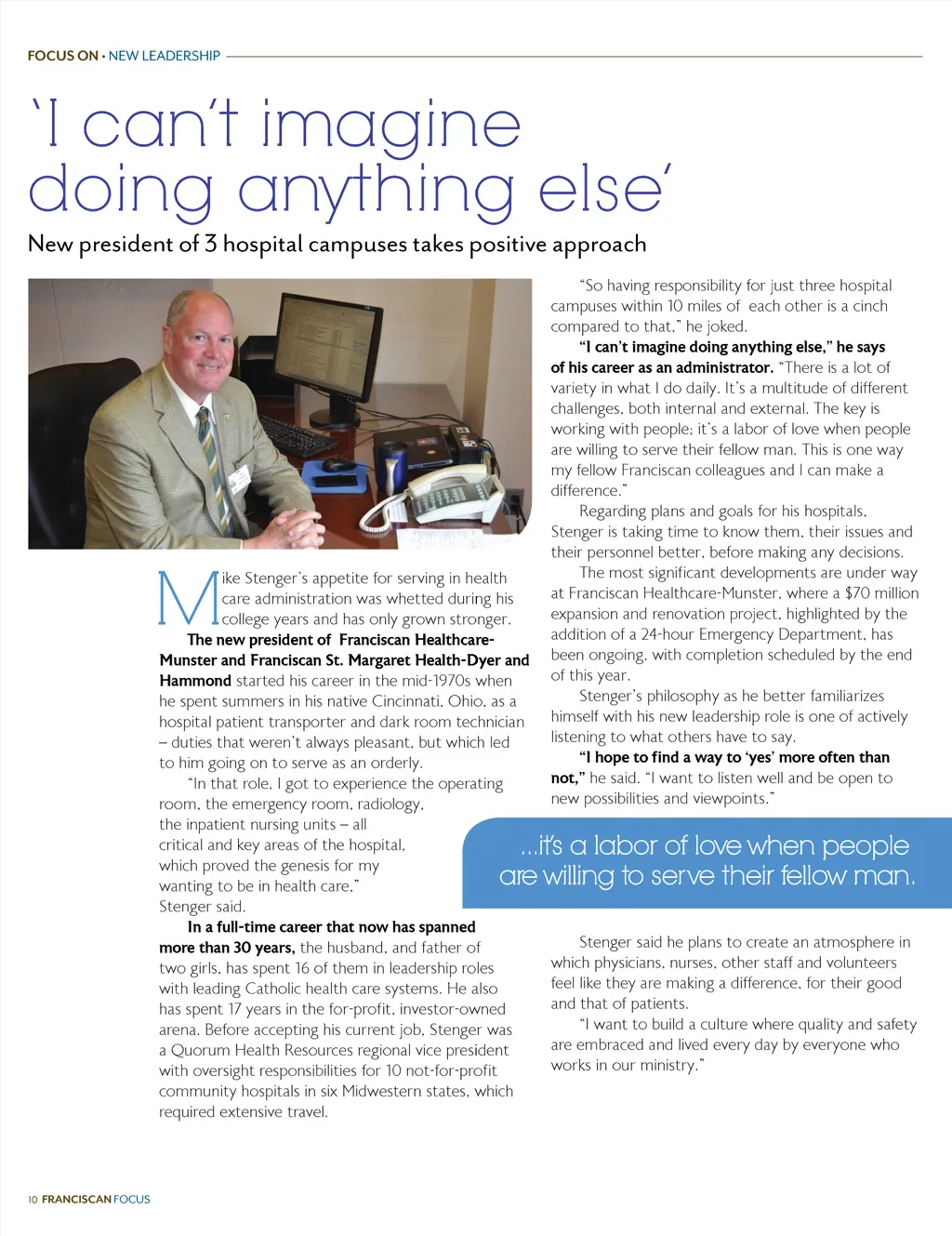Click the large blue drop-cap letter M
(x=188, y=598)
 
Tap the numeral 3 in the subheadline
(x=211, y=244)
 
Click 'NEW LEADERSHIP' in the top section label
(x=165, y=56)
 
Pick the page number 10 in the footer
(x=33, y=1200)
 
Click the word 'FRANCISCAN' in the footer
(x=76, y=1200)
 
